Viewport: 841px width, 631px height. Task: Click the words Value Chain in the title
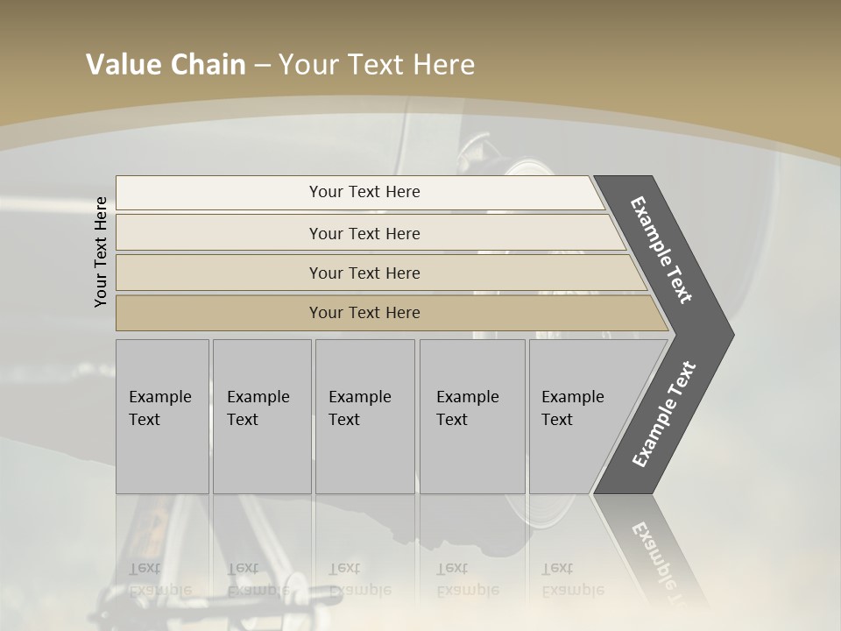(x=166, y=65)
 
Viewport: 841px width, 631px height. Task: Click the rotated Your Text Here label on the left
(x=101, y=252)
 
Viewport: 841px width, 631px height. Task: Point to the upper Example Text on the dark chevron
(x=662, y=250)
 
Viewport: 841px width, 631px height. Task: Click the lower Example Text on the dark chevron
(x=664, y=415)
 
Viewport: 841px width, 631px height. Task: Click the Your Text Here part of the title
(x=377, y=65)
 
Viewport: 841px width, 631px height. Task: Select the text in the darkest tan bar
(x=364, y=313)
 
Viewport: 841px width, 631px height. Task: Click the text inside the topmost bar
(x=364, y=192)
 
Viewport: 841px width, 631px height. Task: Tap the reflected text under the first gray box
(x=159, y=579)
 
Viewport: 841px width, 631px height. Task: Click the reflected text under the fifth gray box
(x=572, y=579)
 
